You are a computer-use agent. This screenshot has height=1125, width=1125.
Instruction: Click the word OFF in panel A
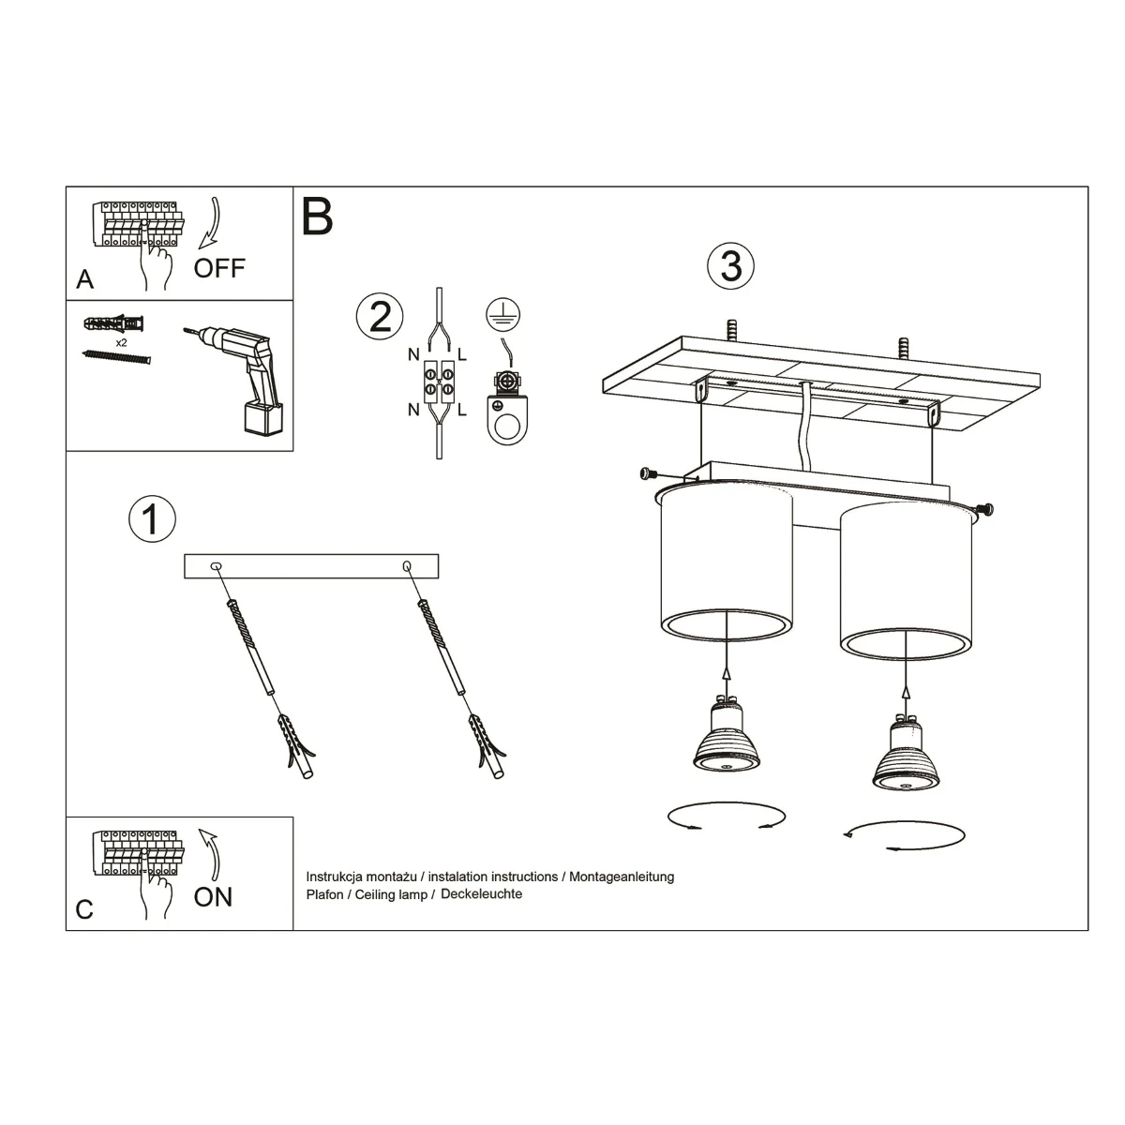(219, 268)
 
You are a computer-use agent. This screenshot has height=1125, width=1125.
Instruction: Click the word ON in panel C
(213, 897)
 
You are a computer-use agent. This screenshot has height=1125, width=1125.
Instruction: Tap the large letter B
(318, 216)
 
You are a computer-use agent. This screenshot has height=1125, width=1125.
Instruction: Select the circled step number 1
(153, 519)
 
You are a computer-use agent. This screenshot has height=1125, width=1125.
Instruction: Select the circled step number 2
(380, 317)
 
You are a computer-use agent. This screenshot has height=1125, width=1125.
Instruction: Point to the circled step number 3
(731, 265)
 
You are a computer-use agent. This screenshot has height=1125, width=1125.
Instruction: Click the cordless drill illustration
(241, 380)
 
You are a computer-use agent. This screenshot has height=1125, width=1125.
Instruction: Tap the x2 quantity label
(121, 343)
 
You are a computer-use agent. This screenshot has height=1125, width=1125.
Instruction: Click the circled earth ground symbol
(503, 315)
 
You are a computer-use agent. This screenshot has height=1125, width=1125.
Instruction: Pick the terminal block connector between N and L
(439, 382)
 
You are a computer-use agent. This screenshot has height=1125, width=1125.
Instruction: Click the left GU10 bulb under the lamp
(726, 737)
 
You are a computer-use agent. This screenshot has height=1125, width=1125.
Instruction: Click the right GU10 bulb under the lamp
(906, 753)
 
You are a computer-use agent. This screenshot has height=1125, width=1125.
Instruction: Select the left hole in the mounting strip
(216, 565)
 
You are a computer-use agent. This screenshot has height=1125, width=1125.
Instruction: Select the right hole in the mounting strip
(407, 565)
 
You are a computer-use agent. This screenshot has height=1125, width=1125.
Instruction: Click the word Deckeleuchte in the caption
(481, 894)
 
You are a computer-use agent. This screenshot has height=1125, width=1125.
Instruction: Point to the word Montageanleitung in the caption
(622, 877)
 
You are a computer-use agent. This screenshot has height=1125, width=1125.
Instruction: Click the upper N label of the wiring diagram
(413, 354)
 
